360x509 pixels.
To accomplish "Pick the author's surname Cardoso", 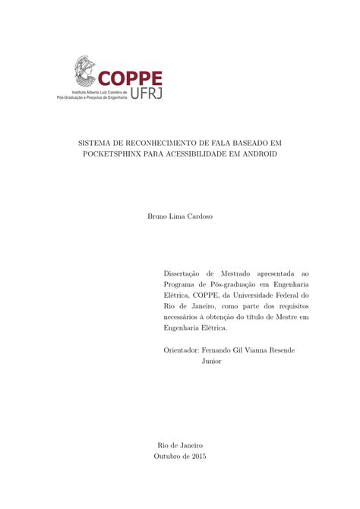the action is (x=197, y=217).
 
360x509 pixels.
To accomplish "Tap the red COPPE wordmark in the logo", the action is (x=129, y=78).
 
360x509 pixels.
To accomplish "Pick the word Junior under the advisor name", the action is (x=212, y=362).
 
